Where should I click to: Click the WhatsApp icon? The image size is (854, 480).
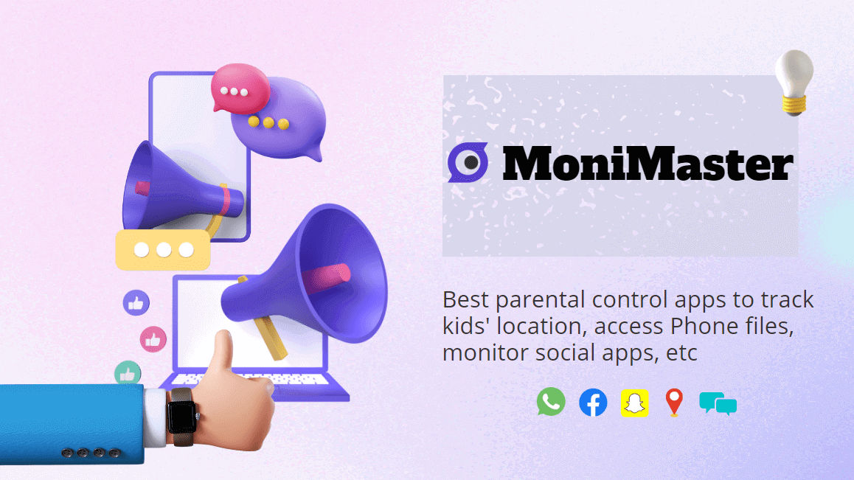(x=551, y=402)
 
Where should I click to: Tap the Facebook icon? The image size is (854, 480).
(x=593, y=403)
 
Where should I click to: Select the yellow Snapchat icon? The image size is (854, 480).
(x=634, y=403)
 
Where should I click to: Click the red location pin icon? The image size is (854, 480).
(x=673, y=403)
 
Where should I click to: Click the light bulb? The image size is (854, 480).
(x=794, y=81)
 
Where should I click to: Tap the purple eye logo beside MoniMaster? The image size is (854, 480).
(x=468, y=162)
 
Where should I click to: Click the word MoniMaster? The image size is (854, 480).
(x=648, y=164)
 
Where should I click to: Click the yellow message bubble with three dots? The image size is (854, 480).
(x=163, y=250)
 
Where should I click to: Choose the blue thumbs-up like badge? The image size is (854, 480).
(x=136, y=302)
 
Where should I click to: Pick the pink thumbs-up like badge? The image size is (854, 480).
(x=153, y=339)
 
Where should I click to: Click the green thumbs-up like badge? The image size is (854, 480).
(x=128, y=373)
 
